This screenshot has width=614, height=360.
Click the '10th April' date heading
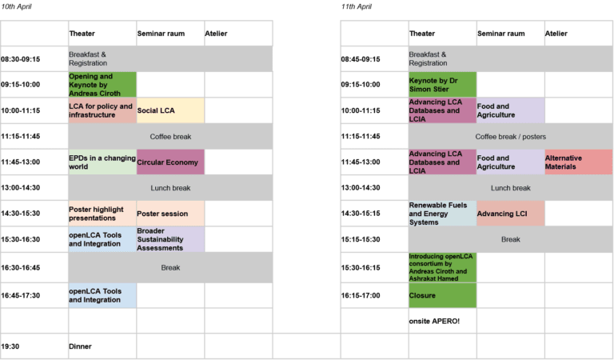(16, 6)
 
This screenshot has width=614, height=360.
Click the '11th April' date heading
(356, 6)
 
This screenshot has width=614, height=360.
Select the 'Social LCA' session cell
(170, 110)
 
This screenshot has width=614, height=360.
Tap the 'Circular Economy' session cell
(170, 162)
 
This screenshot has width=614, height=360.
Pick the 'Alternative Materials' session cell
(578, 162)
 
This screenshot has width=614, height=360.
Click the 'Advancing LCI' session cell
(510, 214)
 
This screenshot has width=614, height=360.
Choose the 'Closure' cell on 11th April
(442, 295)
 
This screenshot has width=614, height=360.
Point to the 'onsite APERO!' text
(434, 322)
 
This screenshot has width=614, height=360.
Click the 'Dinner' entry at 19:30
(80, 346)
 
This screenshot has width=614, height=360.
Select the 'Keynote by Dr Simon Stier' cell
(442, 85)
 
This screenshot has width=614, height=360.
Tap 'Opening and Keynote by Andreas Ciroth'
(102, 85)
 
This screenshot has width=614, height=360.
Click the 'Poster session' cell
(170, 214)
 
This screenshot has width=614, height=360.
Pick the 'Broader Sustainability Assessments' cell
(170, 239)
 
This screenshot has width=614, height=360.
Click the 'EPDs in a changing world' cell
(102, 162)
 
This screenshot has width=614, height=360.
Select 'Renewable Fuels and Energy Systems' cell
(442, 214)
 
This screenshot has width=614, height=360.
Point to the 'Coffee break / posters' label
(510, 137)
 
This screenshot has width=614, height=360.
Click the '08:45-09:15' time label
(361, 59)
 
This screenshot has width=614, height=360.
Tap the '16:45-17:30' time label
(20, 295)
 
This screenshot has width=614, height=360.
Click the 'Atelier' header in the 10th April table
(216, 34)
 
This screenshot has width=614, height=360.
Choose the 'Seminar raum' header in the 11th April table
(500, 34)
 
